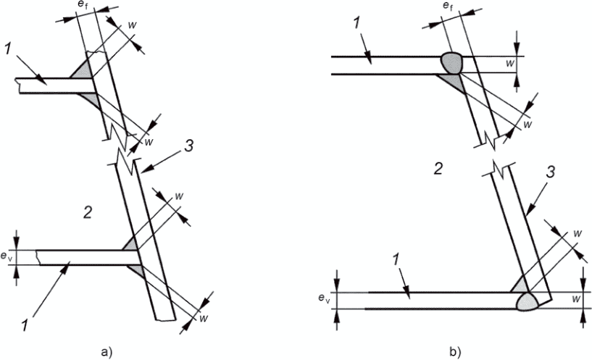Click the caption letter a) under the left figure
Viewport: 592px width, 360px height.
point(106,353)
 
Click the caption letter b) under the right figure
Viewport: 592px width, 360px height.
point(454,353)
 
